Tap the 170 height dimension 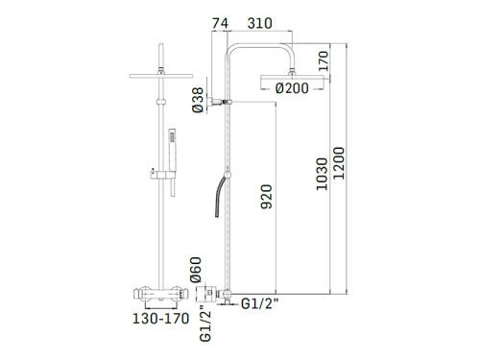(x=324, y=62)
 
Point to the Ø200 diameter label (x=292, y=88)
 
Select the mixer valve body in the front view (x=162, y=292)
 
